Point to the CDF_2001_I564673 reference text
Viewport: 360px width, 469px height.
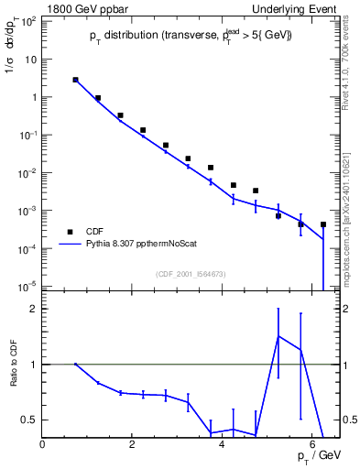[x=191, y=274]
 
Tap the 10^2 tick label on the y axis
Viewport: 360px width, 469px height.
[x=29, y=21]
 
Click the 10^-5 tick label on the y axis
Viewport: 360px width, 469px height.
[x=29, y=287]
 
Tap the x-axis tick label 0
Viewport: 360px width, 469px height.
[x=43, y=445]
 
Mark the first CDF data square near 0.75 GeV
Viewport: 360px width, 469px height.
[x=76, y=80]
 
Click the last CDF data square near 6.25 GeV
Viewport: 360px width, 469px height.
[x=323, y=224]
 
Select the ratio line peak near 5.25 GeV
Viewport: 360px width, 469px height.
[x=278, y=336]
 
